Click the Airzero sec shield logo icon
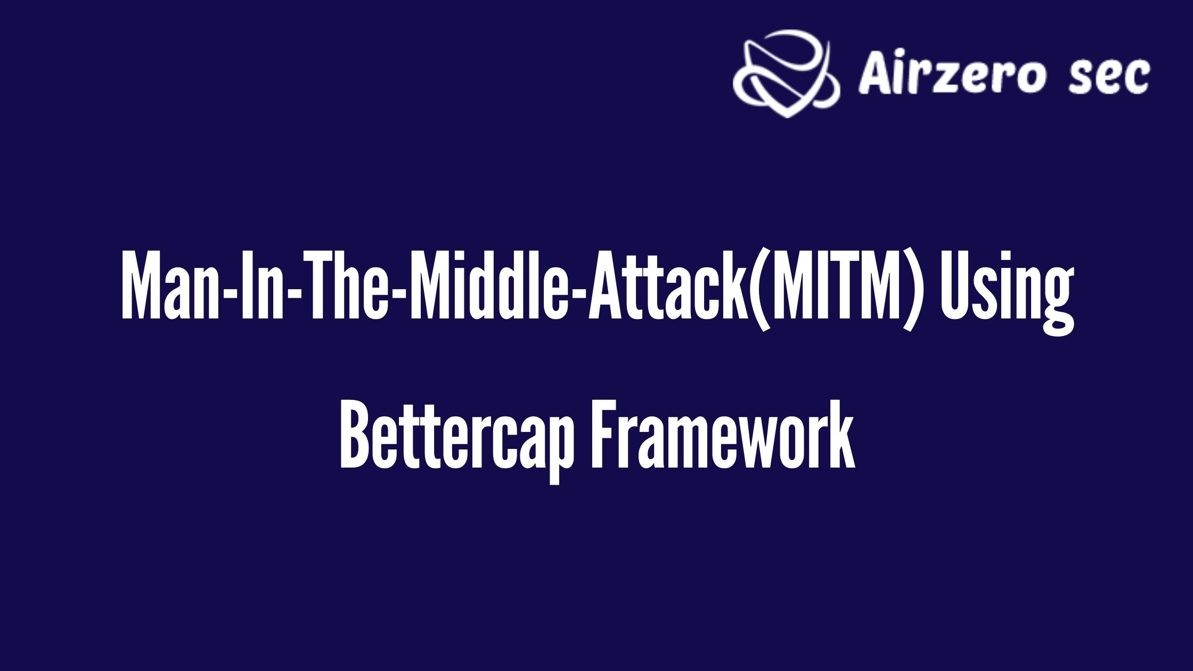[786, 73]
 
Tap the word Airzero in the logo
[950, 74]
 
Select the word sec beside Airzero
[1109, 78]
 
